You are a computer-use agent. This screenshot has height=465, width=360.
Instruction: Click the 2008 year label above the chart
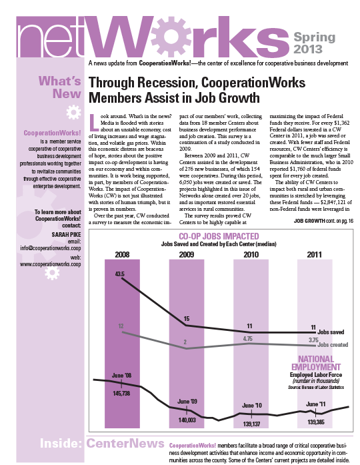click(122, 254)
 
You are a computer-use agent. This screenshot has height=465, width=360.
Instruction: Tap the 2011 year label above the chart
click(314, 254)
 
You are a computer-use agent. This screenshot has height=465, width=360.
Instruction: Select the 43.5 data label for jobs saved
click(120, 274)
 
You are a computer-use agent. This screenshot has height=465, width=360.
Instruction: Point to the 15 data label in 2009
click(187, 319)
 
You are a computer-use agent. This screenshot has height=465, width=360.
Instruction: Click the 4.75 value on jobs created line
click(248, 339)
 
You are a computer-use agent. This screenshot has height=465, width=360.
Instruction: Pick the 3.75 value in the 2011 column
click(313, 340)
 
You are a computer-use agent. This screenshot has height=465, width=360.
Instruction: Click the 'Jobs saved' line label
click(331, 332)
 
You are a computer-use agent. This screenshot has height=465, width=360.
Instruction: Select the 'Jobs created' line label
click(333, 345)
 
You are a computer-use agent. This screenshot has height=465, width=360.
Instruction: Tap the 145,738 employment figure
click(121, 394)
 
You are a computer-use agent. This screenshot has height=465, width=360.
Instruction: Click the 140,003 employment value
click(187, 420)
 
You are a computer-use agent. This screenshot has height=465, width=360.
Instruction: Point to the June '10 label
click(252, 406)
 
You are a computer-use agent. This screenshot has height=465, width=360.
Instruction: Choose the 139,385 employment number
click(316, 422)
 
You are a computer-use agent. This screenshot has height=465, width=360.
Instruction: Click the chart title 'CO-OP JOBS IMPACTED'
click(219, 236)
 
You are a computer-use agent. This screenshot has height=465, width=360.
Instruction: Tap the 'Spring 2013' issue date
click(314, 43)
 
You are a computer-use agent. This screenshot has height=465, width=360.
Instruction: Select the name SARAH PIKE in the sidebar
click(67, 235)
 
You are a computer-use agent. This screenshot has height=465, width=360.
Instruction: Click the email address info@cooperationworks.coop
click(51, 248)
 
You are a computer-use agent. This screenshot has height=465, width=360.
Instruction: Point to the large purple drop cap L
click(94, 123)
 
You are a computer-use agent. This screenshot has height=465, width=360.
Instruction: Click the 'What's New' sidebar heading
click(59, 87)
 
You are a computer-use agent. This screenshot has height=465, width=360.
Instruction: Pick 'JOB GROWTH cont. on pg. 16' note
click(323, 221)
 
